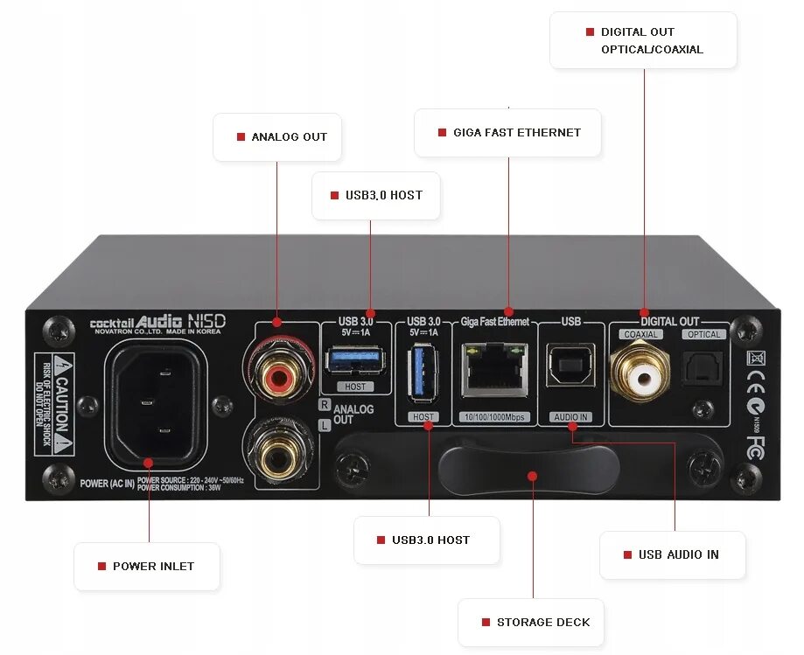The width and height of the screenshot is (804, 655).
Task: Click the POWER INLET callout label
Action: [x=147, y=566]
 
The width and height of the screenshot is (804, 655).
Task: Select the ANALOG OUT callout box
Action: [x=277, y=137]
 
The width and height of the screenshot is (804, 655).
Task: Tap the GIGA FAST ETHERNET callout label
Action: [x=507, y=133]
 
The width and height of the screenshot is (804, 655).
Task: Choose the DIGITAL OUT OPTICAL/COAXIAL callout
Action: [x=643, y=40]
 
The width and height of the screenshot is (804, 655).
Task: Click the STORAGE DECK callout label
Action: [x=534, y=622]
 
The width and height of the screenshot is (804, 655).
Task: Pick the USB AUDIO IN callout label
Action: [x=672, y=554]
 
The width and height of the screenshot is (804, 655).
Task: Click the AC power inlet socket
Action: [x=157, y=401]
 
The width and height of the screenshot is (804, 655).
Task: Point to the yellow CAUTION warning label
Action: [x=53, y=404]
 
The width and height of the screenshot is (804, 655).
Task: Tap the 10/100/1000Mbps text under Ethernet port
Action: [x=493, y=416]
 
